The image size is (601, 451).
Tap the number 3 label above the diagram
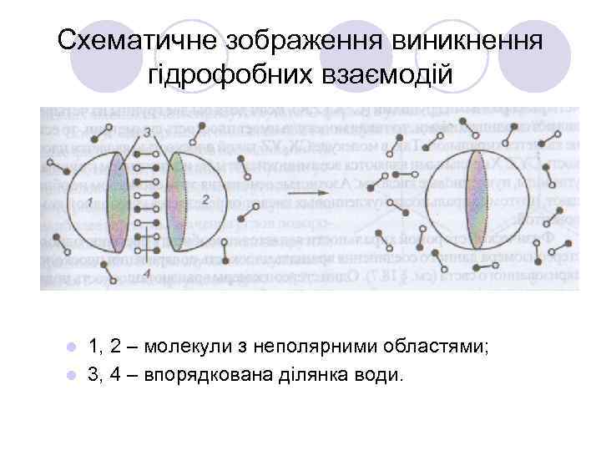(147, 131)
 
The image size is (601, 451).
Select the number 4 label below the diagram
(147, 273)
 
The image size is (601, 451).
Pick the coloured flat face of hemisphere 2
(175, 200)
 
